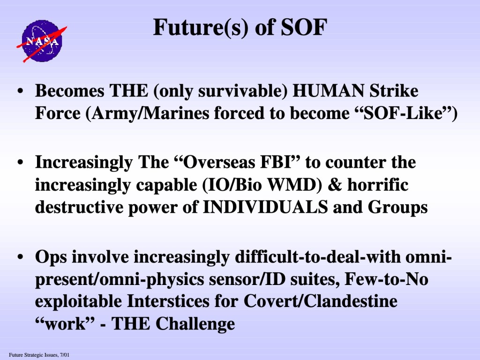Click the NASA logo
[x=42, y=41]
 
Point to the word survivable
[x=239, y=91]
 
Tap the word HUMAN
[x=328, y=91]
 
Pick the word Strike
[x=394, y=91]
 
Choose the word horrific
[x=378, y=185]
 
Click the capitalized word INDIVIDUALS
[x=265, y=207]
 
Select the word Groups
[x=397, y=208]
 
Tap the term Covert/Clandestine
[x=321, y=301]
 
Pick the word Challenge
[x=195, y=324]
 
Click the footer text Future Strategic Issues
[x=33, y=355]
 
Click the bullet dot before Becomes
[x=20, y=91]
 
